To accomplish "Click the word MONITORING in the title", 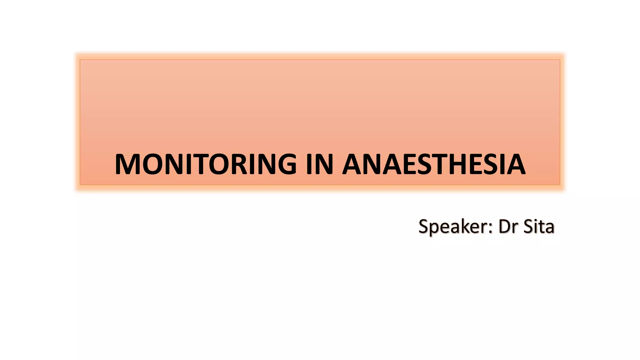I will (206, 164).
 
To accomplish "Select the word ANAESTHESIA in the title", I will (434, 164).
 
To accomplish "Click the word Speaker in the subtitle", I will (452, 227).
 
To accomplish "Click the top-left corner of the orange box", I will (80, 60).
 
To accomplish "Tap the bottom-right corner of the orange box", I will (560, 185).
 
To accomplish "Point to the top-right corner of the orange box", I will (560, 60).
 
